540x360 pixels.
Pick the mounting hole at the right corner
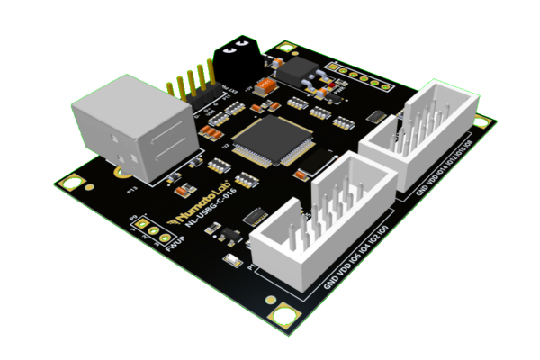[482, 125]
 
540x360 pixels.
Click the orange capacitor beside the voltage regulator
[264, 86]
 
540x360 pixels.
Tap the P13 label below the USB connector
[131, 190]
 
